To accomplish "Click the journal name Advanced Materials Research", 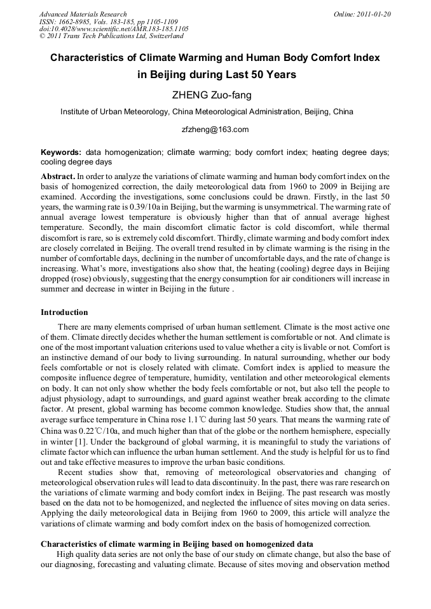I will tap(83, 14).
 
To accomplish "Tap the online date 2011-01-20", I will tap(362, 14).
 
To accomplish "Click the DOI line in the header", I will tap(114, 29).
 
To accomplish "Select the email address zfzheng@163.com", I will tap(215, 130).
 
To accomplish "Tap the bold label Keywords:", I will tap(61, 152).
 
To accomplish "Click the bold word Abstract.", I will tap(58, 176).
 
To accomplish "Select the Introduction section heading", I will tap(64, 312).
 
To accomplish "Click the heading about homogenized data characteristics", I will tap(177, 544).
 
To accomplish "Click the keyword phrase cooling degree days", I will tap(76, 162).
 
